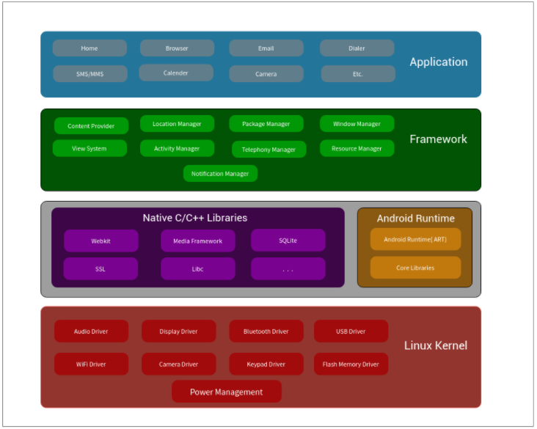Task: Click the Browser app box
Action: pyautogui.click(x=177, y=48)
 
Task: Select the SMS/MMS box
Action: pyautogui.click(x=89, y=74)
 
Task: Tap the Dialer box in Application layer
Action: pyautogui.click(x=357, y=48)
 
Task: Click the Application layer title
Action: pyautogui.click(x=438, y=62)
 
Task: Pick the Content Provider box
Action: pyautogui.click(x=91, y=126)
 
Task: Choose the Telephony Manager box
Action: pyautogui.click(x=268, y=150)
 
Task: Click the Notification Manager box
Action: pyautogui.click(x=220, y=174)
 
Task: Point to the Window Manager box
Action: pyautogui.click(x=357, y=124)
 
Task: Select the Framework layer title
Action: pyautogui.click(x=438, y=139)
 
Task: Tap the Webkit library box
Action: pyautogui.click(x=101, y=241)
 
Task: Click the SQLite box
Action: pyautogui.click(x=288, y=241)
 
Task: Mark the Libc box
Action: pyautogui.click(x=197, y=269)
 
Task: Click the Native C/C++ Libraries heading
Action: pyautogui.click(x=195, y=218)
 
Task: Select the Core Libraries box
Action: pyautogui.click(x=415, y=268)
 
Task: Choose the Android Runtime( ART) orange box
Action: pyautogui.click(x=415, y=239)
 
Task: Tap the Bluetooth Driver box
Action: pyautogui.click(x=266, y=331)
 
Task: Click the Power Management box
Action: pyautogui.click(x=226, y=392)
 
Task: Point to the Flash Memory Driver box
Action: pyautogui.click(x=351, y=364)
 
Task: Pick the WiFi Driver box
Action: pyautogui.click(x=91, y=364)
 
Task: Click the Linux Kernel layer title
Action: pyautogui.click(x=435, y=345)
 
